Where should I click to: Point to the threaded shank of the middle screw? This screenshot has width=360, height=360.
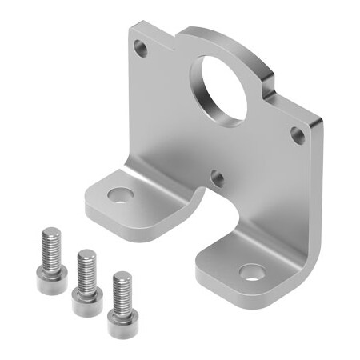[x=86, y=269]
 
